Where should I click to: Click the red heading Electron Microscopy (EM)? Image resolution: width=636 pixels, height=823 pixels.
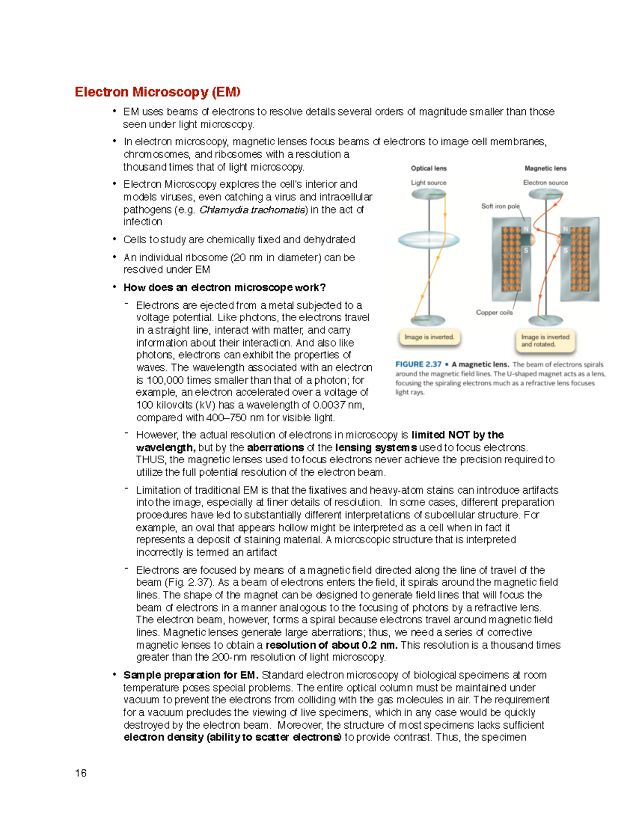[157, 92]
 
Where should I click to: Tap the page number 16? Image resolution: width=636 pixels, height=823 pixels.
[81, 773]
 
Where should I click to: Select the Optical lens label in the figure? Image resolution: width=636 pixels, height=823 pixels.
[429, 169]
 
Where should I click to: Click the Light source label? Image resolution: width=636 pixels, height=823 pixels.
[429, 183]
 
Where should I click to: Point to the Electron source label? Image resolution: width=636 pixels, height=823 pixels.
[545, 183]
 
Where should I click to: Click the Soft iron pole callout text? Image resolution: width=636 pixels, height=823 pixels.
[500, 206]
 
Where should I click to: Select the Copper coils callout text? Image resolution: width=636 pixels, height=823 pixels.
[494, 313]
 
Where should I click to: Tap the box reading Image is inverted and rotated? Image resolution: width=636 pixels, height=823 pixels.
[545, 340]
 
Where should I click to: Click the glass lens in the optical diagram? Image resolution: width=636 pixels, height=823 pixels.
[429, 240]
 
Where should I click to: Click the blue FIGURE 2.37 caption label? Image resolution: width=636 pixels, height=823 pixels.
[418, 364]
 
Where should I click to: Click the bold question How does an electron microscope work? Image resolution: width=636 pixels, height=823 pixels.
[224, 288]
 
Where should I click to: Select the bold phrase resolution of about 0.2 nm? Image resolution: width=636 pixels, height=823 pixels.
[331, 645]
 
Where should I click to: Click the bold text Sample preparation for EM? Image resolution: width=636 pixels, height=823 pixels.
[191, 675]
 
